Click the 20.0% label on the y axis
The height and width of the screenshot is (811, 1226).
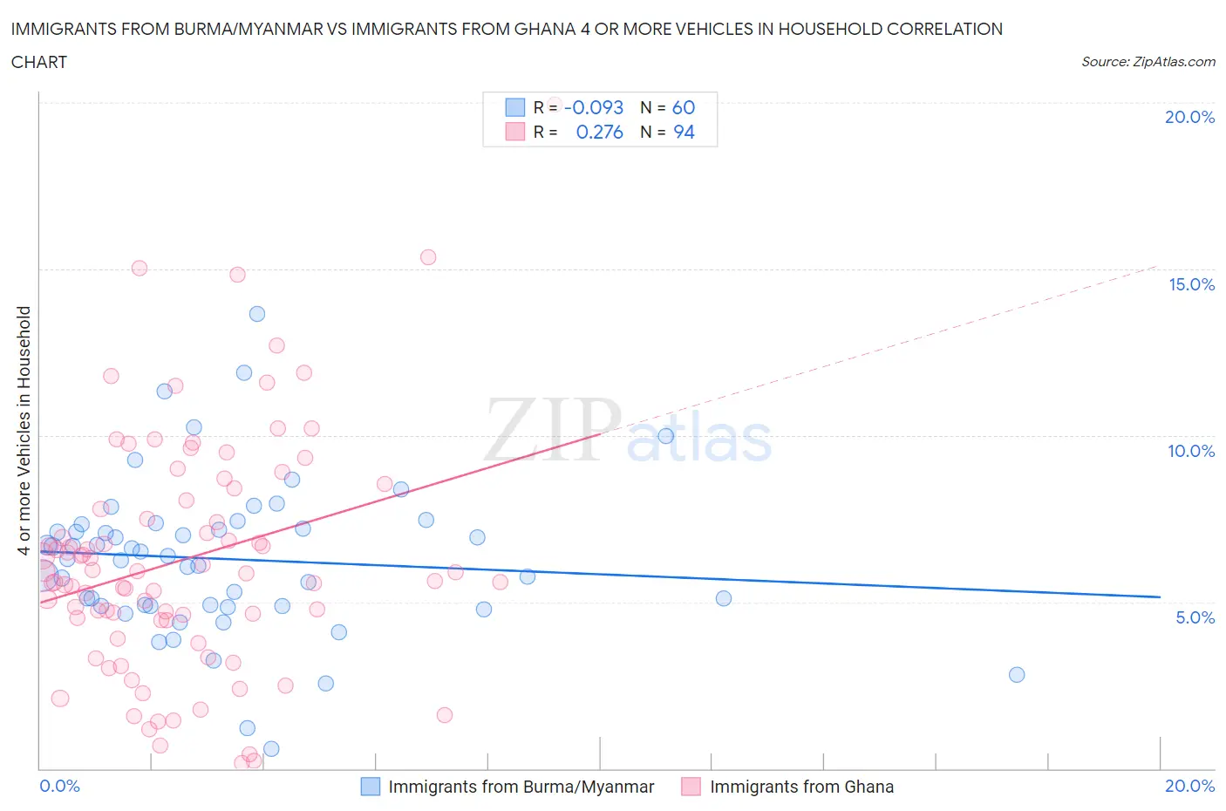click(x=1189, y=117)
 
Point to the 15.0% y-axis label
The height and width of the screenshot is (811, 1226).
click(x=1191, y=284)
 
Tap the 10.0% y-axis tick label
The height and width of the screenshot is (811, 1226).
click(x=1191, y=451)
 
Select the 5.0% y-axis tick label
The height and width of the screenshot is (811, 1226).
click(x=1195, y=617)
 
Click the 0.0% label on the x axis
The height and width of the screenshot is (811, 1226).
click(x=59, y=786)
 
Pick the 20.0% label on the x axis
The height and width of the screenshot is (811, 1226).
click(x=1189, y=786)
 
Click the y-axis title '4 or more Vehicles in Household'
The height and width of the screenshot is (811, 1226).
click(x=24, y=430)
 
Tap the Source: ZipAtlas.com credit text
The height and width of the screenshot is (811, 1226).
click(x=1148, y=62)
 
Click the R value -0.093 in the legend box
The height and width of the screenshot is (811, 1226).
click(x=594, y=107)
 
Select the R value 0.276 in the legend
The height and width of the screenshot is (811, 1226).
click(x=599, y=132)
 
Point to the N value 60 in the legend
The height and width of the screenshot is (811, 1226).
click(x=683, y=107)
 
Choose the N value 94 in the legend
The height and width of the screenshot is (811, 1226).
click(x=684, y=132)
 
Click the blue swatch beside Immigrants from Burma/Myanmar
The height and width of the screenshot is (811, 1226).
click(x=371, y=787)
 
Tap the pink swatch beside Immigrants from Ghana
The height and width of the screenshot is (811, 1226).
click(x=691, y=787)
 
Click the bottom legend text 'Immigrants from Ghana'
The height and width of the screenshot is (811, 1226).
click(x=801, y=787)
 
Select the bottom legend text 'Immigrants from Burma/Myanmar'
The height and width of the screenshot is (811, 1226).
click(x=521, y=787)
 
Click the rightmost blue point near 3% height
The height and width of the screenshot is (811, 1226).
click(x=1016, y=675)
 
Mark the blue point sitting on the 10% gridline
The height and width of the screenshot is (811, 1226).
click(x=665, y=436)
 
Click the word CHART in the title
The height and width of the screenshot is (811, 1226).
click(x=39, y=62)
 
